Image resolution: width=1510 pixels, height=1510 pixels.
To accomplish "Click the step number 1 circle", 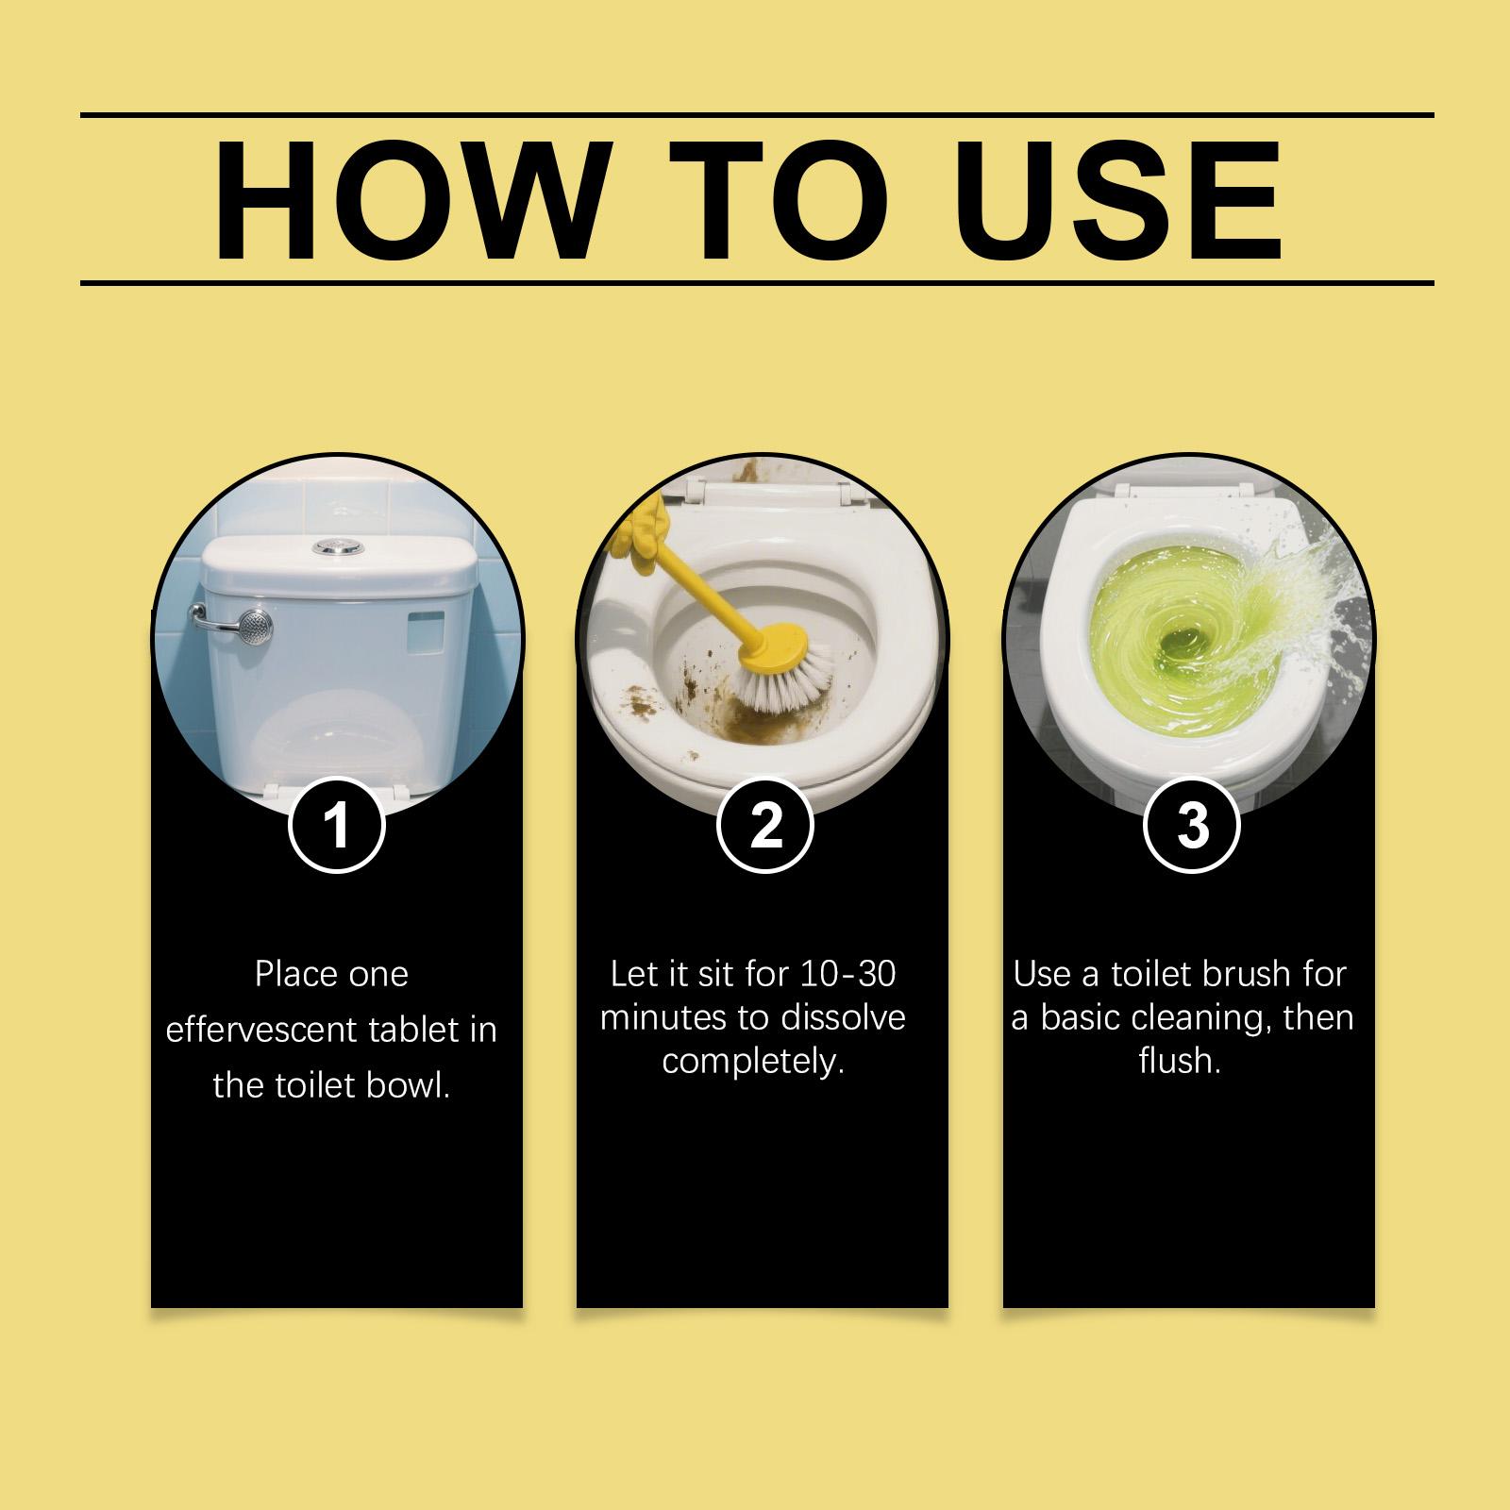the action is tap(337, 825).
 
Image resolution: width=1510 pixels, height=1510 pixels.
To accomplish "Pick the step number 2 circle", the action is tap(765, 825).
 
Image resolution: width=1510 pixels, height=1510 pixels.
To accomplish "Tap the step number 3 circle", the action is tap(1193, 825).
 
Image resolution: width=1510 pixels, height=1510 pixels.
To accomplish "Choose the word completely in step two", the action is tap(752, 1063).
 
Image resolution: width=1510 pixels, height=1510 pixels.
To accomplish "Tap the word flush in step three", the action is tap(1180, 1061).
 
